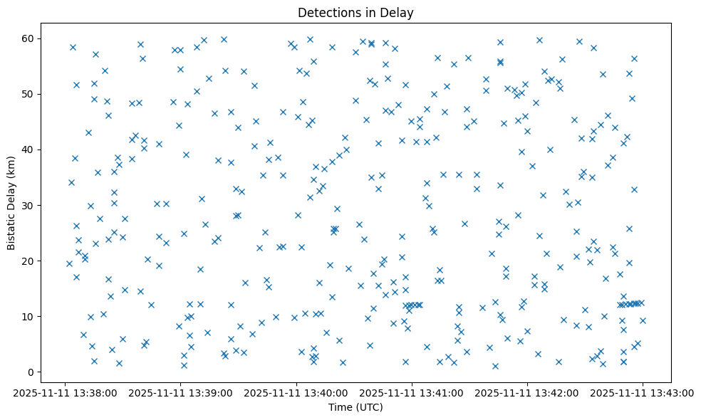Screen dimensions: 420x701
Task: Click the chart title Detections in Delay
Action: click(x=355, y=12)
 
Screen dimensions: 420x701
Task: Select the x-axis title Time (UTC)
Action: click(x=355, y=407)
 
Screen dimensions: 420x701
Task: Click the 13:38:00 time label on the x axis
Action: click(x=65, y=392)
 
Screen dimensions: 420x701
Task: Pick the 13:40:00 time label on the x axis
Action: click(x=296, y=392)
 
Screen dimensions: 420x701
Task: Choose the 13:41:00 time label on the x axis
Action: click(x=412, y=392)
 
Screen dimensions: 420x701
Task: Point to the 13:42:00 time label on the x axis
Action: click(x=527, y=392)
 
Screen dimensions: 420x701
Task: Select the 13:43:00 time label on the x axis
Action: click(x=643, y=392)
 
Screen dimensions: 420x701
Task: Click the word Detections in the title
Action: click(x=326, y=12)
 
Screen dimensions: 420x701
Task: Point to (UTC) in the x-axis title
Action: click(x=369, y=407)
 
